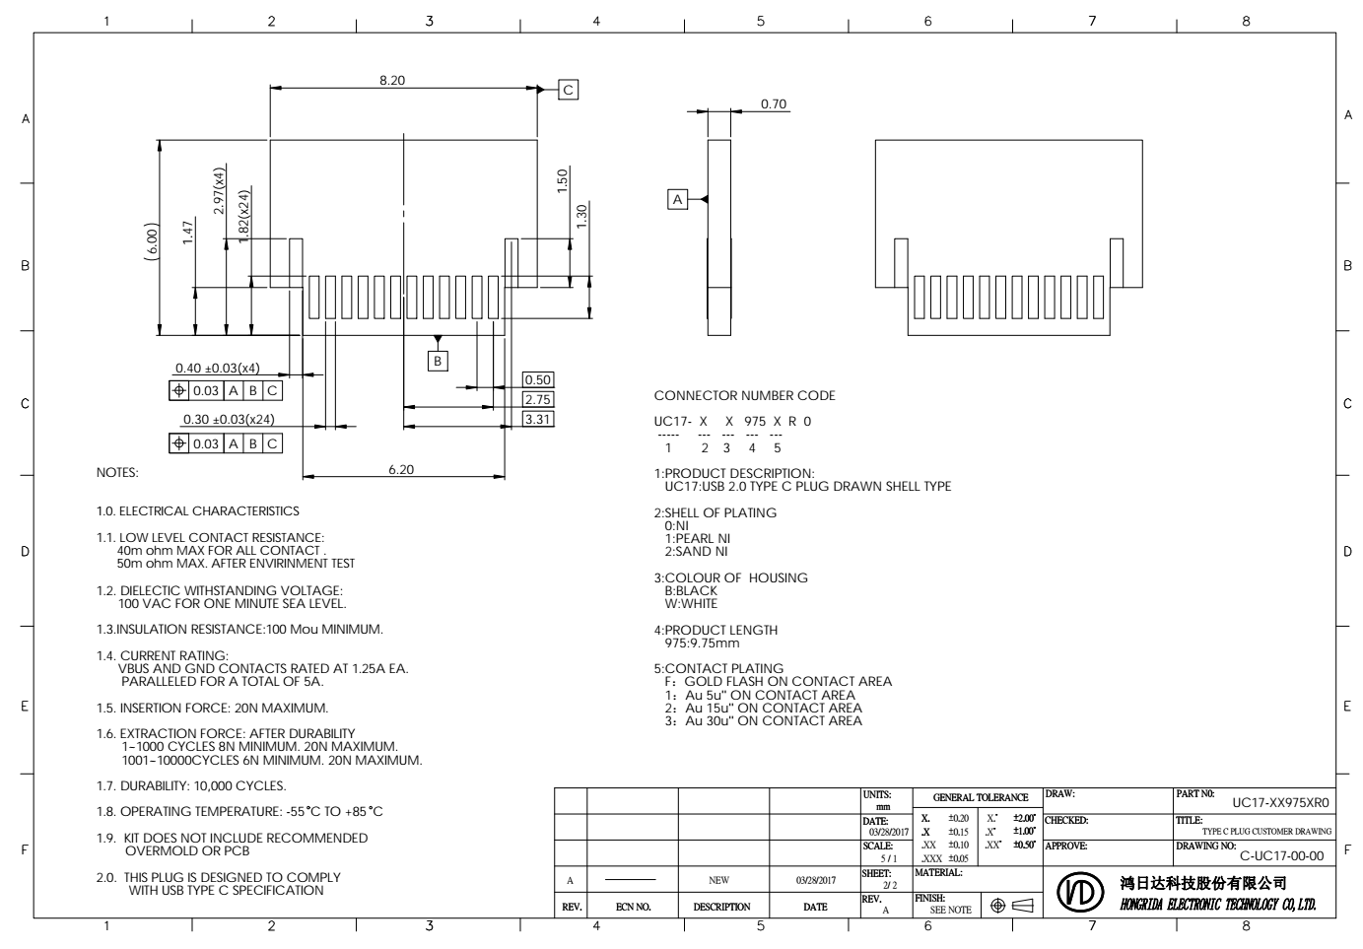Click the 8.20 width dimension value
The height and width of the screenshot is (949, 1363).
click(392, 80)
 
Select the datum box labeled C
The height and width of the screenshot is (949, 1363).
click(569, 90)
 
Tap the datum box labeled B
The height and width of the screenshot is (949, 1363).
click(439, 361)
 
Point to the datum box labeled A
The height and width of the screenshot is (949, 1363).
click(677, 199)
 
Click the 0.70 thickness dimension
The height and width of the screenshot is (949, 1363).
click(774, 103)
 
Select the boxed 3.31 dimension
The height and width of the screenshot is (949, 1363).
click(538, 419)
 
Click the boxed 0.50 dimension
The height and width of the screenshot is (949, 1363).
click(538, 379)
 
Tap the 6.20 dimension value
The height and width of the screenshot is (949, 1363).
click(401, 469)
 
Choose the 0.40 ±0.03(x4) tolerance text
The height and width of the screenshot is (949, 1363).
click(218, 368)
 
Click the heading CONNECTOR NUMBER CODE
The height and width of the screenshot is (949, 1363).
click(744, 395)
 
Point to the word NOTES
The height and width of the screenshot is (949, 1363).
click(117, 472)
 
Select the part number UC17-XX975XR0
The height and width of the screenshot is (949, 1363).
click(1280, 803)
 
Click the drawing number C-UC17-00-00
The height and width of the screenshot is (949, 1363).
click(1281, 855)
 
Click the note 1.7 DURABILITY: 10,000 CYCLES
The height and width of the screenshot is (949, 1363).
click(191, 785)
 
